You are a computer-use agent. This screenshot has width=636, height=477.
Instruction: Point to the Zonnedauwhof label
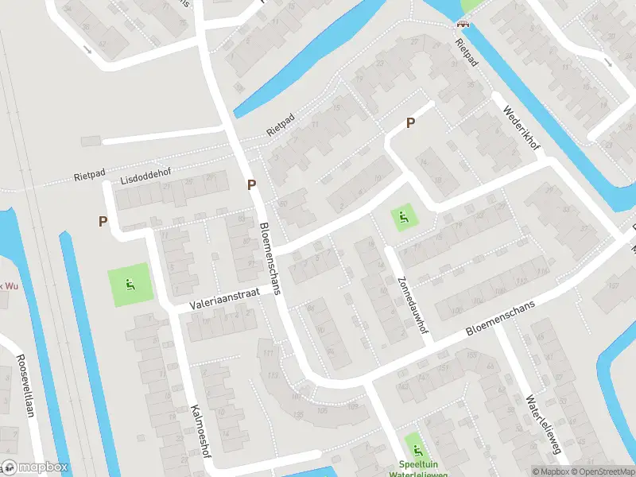(x=413, y=295)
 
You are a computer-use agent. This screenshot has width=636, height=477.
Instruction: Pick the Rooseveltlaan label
(x=23, y=385)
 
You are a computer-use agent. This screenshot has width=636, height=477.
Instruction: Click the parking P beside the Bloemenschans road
(x=252, y=185)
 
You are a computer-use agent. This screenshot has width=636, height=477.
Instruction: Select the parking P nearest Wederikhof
(x=410, y=122)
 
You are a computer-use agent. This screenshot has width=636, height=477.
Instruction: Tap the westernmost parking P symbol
(x=103, y=222)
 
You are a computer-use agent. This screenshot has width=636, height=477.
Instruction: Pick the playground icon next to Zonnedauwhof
(x=404, y=216)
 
